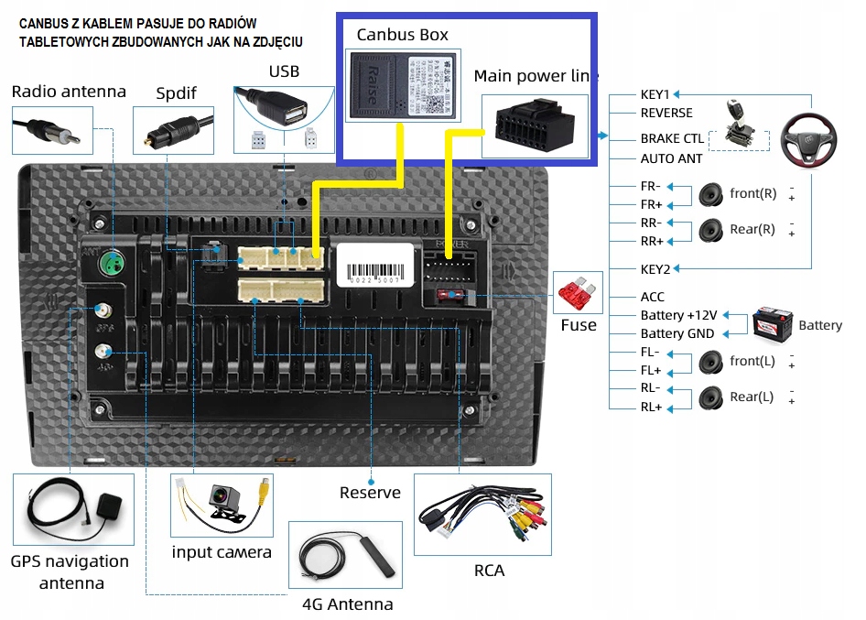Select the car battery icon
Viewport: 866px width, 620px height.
(x=772, y=324)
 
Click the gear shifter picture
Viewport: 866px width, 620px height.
(x=737, y=124)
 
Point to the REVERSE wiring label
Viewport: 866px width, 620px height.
(x=666, y=113)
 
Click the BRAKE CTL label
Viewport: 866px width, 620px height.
(x=672, y=139)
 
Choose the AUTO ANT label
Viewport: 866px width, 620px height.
(x=671, y=158)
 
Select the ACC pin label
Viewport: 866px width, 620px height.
(x=653, y=297)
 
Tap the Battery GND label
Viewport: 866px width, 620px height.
(x=677, y=334)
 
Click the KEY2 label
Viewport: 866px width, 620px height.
(x=655, y=268)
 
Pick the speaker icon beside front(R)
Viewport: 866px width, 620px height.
(x=711, y=194)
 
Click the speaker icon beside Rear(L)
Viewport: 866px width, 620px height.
(x=711, y=397)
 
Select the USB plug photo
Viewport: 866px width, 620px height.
(x=282, y=110)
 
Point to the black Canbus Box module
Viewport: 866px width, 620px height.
(x=402, y=85)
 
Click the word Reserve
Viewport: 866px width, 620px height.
(x=370, y=493)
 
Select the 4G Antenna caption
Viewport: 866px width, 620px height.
(x=347, y=604)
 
